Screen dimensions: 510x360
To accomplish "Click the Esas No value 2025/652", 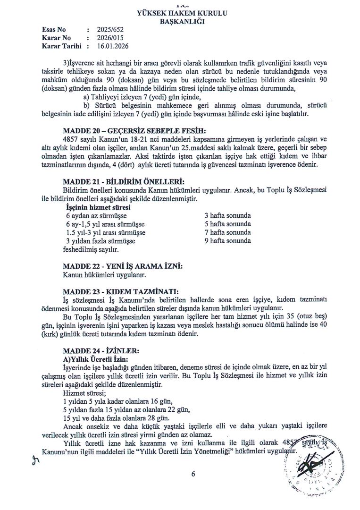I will [x=109, y=29].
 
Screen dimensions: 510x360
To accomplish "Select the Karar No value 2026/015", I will [x=109, y=38].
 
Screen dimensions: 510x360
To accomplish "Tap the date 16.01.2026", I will [x=113, y=46].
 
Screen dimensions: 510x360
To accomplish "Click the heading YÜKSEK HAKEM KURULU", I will [x=182, y=14].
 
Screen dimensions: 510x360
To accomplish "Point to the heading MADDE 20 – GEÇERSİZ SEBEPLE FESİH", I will [x=134, y=131].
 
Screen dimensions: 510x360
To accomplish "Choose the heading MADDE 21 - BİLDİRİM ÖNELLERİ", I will [x=121, y=182].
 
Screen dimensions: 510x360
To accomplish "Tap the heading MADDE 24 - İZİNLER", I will [x=100, y=350].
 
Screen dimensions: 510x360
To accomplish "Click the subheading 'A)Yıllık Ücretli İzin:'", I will [x=90, y=359].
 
